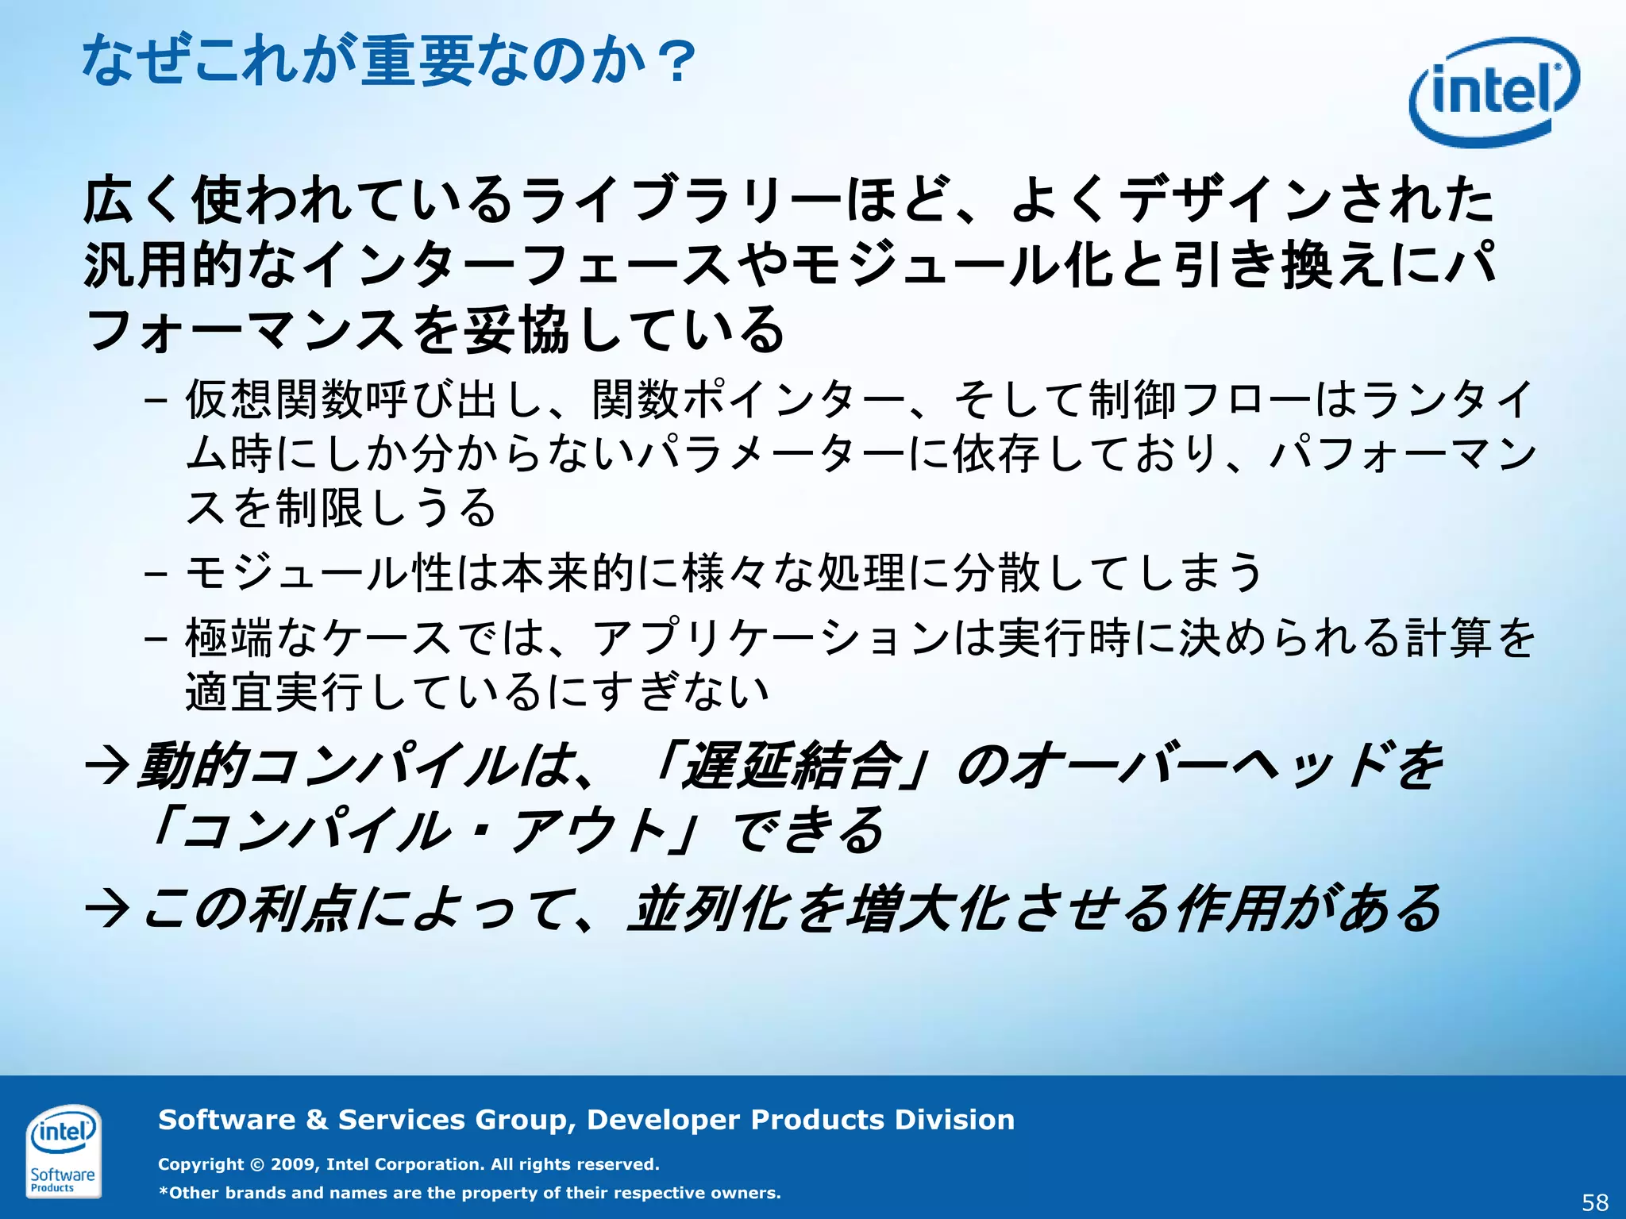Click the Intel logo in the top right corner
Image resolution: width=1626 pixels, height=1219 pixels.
tap(1493, 92)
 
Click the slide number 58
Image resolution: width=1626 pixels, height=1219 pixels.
tap(1595, 1202)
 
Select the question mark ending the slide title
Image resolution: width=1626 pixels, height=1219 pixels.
tap(680, 62)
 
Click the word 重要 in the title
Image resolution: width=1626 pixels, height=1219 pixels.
tap(418, 62)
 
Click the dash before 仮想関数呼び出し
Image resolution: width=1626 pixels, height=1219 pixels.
tap(156, 399)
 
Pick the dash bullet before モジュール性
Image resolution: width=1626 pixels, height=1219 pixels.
tap(156, 572)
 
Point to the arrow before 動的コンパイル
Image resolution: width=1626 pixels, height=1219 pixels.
tap(107, 767)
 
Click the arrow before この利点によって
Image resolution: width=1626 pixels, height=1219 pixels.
tap(107, 909)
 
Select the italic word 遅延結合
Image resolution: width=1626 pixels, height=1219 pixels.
tap(794, 767)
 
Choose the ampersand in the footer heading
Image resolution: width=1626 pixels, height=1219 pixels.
tap(317, 1120)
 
